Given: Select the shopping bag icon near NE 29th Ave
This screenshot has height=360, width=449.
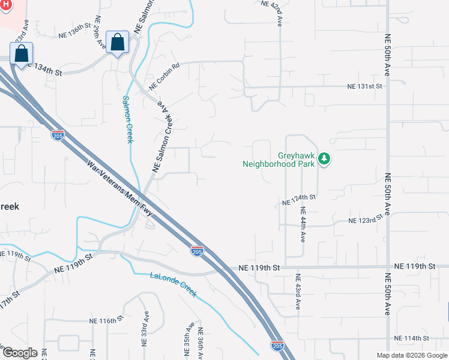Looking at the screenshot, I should point(118,43).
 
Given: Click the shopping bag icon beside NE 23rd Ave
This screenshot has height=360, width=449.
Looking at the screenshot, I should point(22,54).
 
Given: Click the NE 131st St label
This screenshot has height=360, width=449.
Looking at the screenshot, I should point(364,86).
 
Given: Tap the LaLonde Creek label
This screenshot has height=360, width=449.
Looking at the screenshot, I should point(173,284).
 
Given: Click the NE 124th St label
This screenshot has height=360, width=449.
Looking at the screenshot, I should point(298,200).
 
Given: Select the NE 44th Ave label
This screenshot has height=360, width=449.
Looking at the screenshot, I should point(303,224).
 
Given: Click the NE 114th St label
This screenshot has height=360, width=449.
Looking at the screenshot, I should point(405,338).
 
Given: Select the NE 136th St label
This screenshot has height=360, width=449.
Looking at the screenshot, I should point(74,35).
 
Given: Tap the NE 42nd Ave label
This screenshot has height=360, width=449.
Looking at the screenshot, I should point(280,13).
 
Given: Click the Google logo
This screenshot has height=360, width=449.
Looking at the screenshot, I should point(19,353).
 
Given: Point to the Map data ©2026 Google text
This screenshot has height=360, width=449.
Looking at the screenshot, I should point(412,355).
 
